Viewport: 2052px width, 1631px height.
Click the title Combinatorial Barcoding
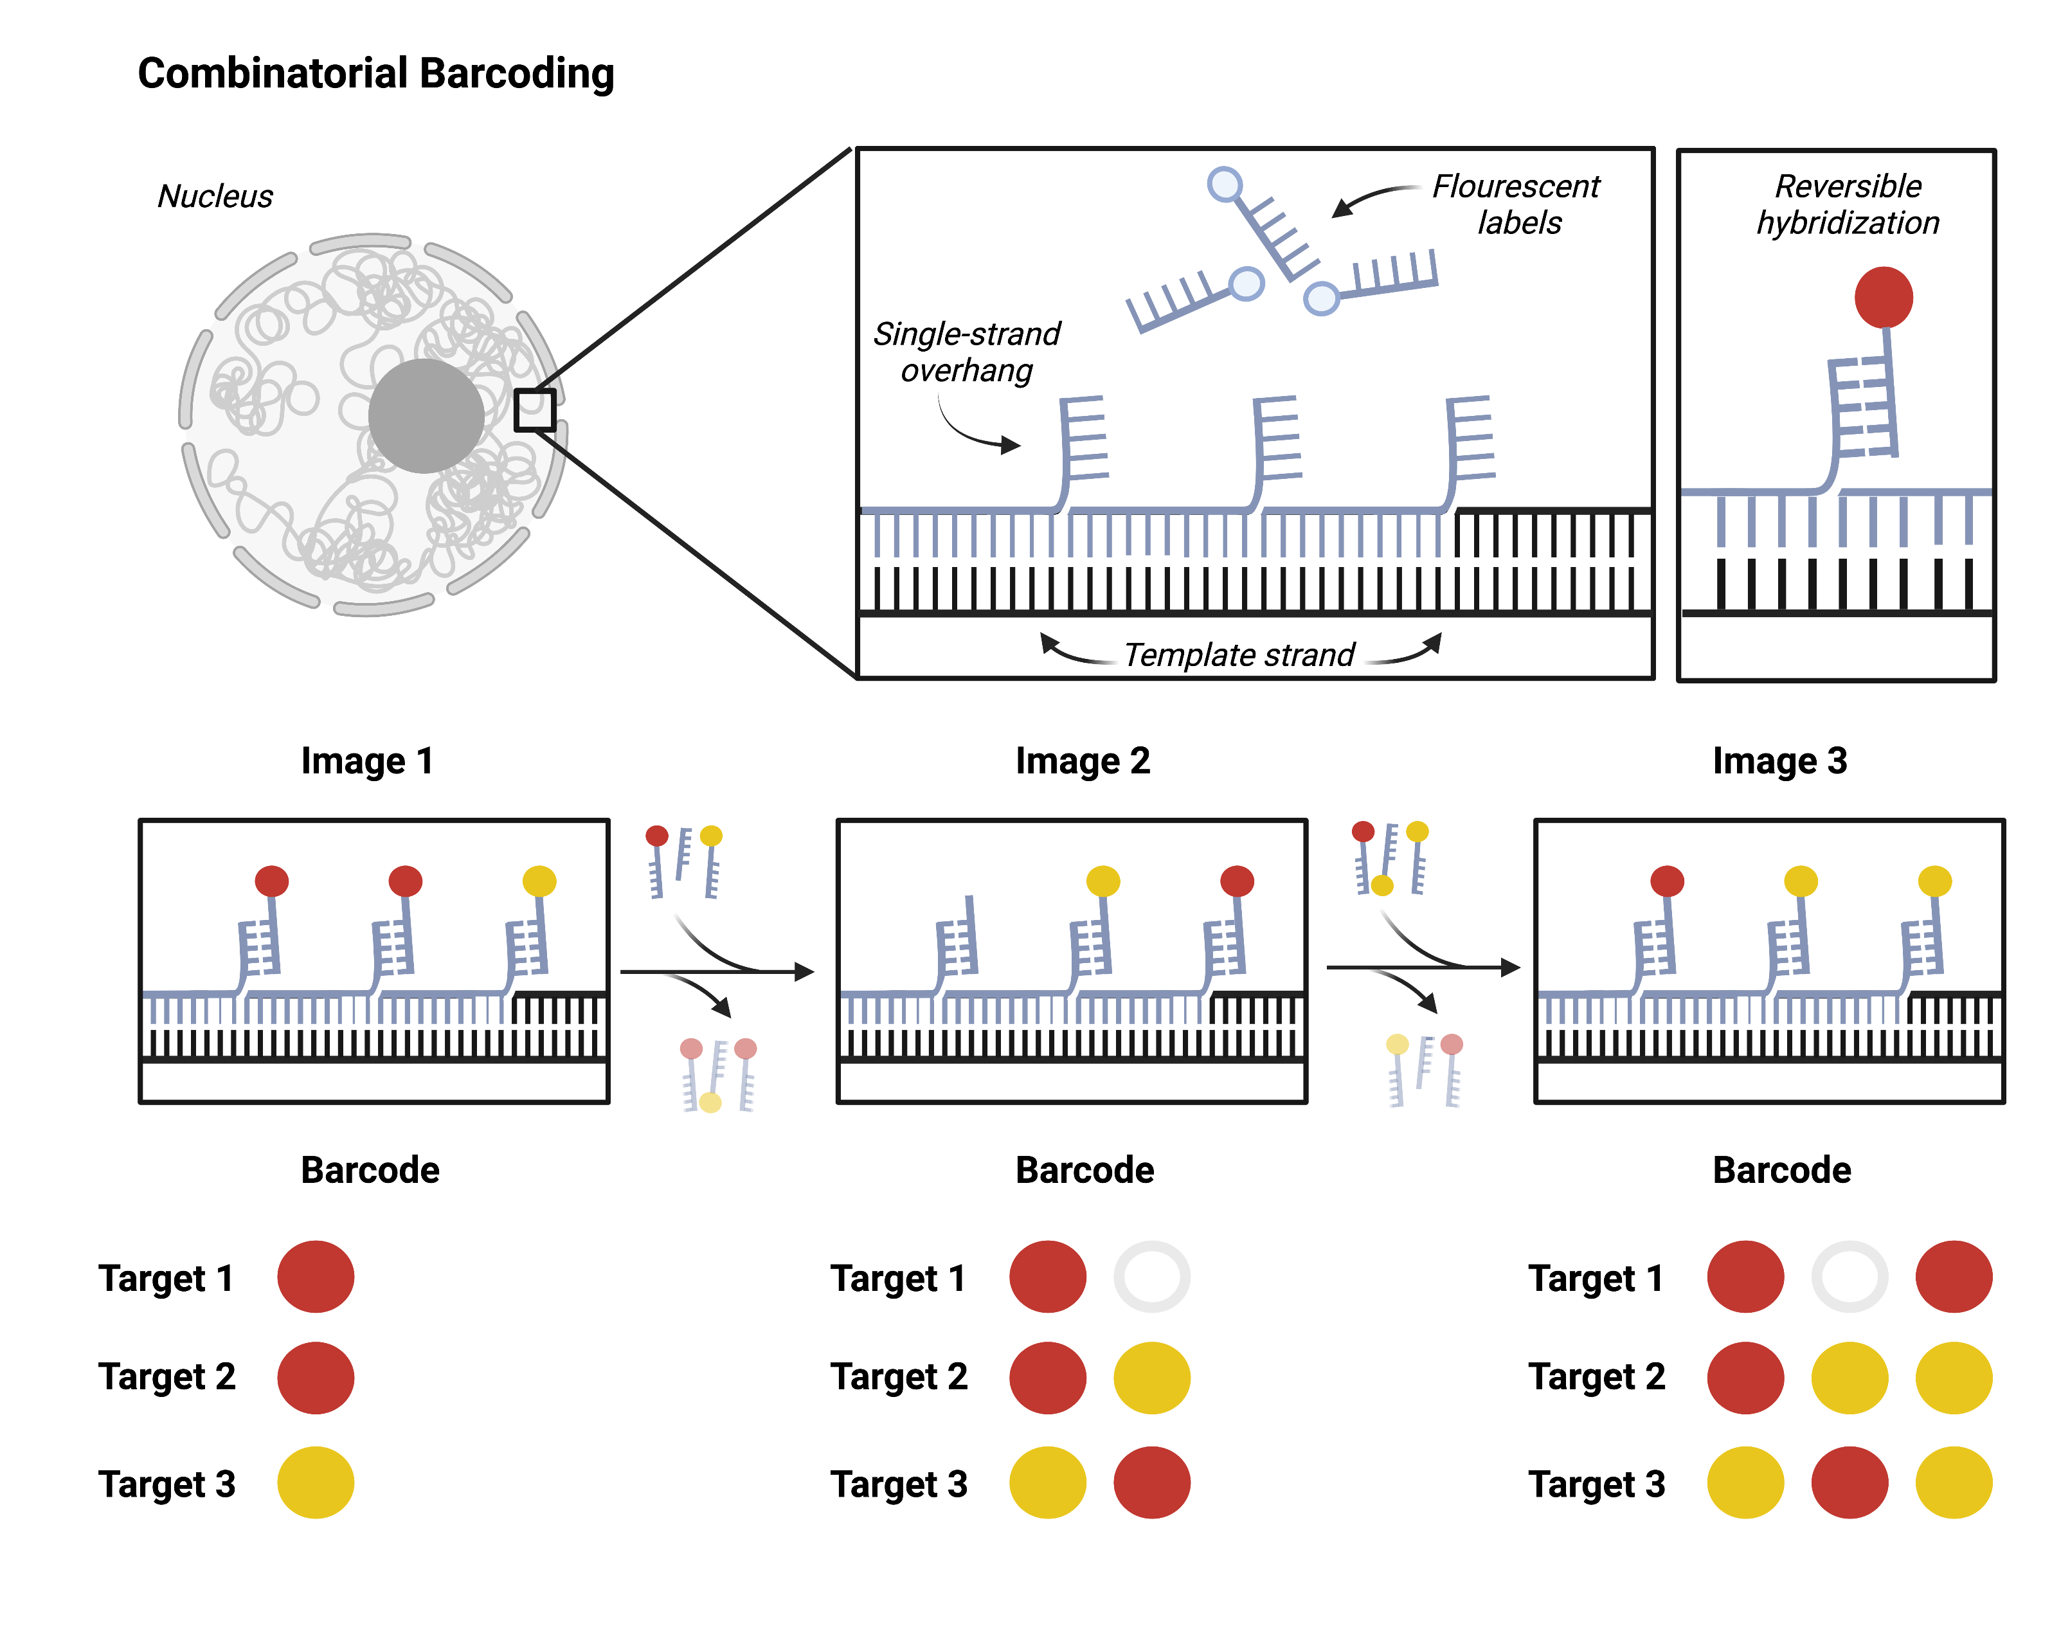[x=376, y=74]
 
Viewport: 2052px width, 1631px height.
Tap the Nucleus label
[x=215, y=196]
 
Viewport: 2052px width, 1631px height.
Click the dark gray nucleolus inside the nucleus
[x=426, y=416]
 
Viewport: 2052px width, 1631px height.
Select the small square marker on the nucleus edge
[x=534, y=410]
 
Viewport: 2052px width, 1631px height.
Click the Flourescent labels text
[x=1516, y=204]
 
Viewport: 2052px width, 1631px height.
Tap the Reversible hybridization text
[x=1848, y=204]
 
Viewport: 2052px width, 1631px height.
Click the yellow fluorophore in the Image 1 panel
[x=539, y=880]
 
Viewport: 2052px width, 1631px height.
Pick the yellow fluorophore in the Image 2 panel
[x=1103, y=880]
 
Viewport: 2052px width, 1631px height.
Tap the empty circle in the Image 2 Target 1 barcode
[x=1151, y=1276]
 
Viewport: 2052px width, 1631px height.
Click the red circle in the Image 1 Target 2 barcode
[x=316, y=1377]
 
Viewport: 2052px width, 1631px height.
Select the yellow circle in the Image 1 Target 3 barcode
[x=316, y=1482]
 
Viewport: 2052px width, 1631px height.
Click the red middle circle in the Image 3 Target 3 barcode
[x=1850, y=1482]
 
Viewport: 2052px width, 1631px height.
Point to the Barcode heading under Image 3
[x=1782, y=1169]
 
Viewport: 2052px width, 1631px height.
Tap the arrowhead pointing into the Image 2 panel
[x=806, y=971]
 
